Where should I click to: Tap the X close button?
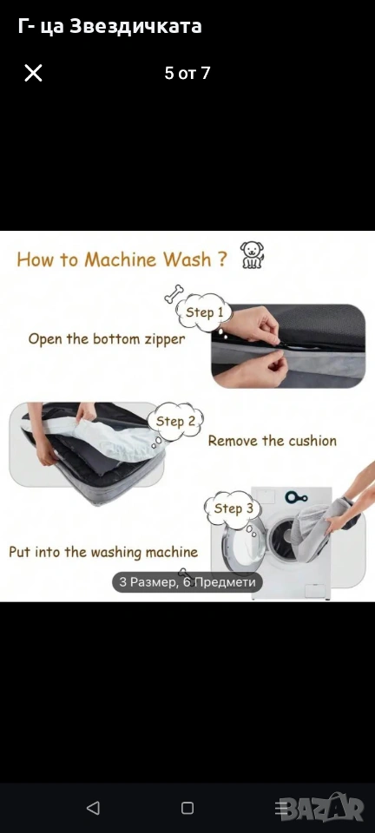click(x=33, y=73)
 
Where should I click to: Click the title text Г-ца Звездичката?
click(x=110, y=26)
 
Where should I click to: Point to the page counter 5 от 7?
click(x=187, y=73)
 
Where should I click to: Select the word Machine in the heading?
click(x=121, y=259)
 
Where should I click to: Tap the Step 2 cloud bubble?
click(x=176, y=423)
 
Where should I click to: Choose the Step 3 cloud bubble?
click(x=234, y=509)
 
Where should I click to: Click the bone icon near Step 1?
click(x=173, y=294)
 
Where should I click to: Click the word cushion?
click(x=312, y=441)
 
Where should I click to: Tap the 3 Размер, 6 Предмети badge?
click(x=187, y=582)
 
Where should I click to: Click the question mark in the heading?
click(x=222, y=259)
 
